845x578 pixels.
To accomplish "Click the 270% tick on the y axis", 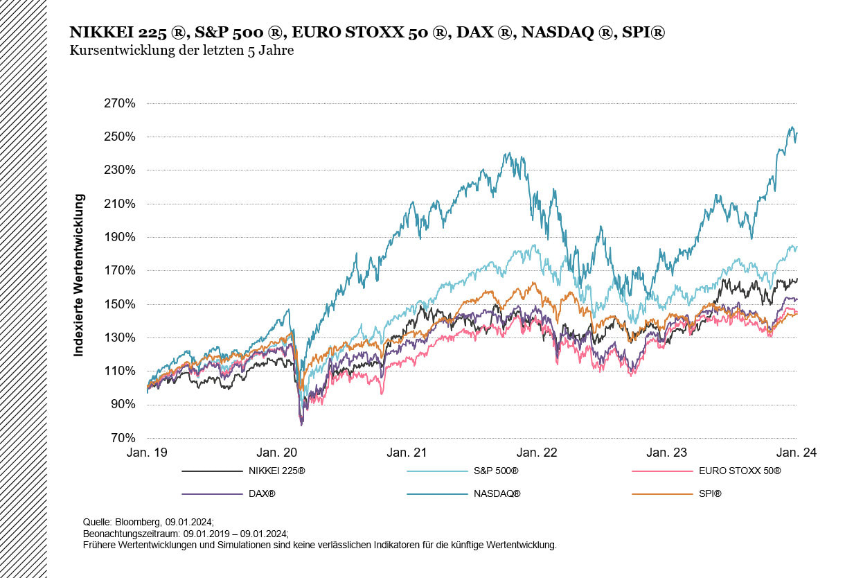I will pyautogui.click(x=120, y=104).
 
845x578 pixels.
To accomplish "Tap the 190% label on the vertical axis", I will pyautogui.click(x=120, y=237).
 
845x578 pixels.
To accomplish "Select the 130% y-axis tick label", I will pyautogui.click(x=120, y=338).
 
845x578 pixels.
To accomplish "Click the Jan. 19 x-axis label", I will pyautogui.click(x=147, y=453).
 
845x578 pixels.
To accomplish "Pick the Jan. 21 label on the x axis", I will pyautogui.click(x=407, y=453).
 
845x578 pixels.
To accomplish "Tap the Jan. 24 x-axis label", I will pyautogui.click(x=797, y=453).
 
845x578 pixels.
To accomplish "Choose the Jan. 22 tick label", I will pyautogui.click(x=537, y=453).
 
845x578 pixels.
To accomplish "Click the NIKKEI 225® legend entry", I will pyautogui.click(x=276, y=471).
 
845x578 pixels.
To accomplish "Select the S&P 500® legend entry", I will pyautogui.click(x=496, y=471).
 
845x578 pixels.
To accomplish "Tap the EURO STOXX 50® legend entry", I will pyautogui.click(x=739, y=471).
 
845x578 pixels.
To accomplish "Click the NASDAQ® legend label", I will pyautogui.click(x=497, y=494).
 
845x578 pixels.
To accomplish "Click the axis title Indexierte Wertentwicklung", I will pyautogui.click(x=79, y=275).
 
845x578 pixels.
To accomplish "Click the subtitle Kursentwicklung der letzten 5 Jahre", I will pyautogui.click(x=181, y=51).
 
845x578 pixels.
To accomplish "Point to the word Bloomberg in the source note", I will pyautogui.click(x=138, y=520).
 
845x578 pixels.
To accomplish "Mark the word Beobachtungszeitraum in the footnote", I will pyautogui.click(x=127, y=533).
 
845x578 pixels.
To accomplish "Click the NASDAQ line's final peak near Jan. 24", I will pyautogui.click(x=792, y=128).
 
